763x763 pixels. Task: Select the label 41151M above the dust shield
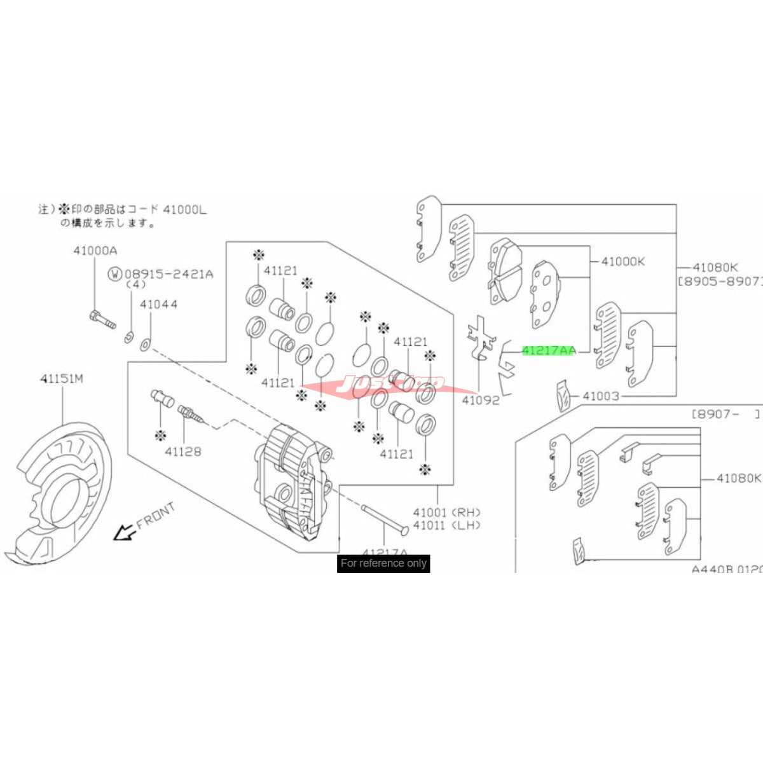tap(62, 379)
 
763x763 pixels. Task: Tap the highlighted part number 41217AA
tap(548, 350)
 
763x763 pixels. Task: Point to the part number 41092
tap(480, 401)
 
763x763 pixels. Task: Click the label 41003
tap(600, 396)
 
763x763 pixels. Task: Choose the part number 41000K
tap(623, 261)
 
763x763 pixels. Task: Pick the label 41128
tap(183, 451)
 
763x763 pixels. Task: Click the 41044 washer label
tap(158, 305)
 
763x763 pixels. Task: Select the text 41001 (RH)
tap(446, 512)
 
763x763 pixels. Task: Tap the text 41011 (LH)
tap(446, 525)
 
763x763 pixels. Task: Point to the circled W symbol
tap(114, 274)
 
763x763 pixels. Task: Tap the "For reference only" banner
tap(383, 563)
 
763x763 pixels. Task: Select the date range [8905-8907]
tap(718, 280)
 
